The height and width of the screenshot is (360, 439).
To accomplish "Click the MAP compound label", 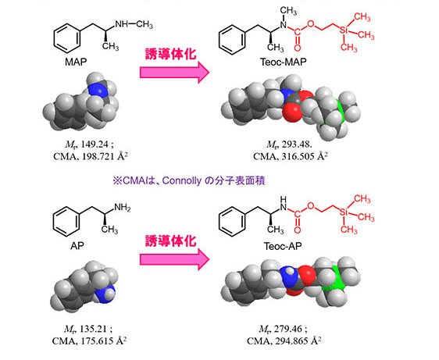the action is pyautogui.click(x=76, y=62).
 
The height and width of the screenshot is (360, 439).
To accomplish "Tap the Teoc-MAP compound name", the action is pyautogui.click(x=283, y=62).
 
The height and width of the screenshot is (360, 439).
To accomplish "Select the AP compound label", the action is pyautogui.click(x=77, y=246).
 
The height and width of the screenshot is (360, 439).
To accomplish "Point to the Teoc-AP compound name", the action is pyautogui.click(x=283, y=246).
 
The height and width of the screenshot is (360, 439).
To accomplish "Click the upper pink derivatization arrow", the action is pyautogui.click(x=174, y=72).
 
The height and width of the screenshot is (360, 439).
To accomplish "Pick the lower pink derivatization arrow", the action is pyautogui.click(x=174, y=259).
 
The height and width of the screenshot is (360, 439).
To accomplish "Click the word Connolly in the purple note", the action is pyautogui.click(x=181, y=181).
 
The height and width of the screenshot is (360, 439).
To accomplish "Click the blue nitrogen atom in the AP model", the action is pyautogui.click(x=104, y=296).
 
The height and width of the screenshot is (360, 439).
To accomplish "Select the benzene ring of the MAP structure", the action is pyautogui.click(x=67, y=38).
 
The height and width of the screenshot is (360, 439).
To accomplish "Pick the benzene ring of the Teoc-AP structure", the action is pyautogui.click(x=232, y=222).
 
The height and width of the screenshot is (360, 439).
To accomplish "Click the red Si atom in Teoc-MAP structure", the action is pyautogui.click(x=344, y=30).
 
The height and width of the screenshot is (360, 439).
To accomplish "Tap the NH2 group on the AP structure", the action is pyautogui.click(x=123, y=208).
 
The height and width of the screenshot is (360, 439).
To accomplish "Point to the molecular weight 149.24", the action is pyautogui.click(x=94, y=144).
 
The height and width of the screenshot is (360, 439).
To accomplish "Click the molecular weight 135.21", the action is pyautogui.click(x=93, y=329).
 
